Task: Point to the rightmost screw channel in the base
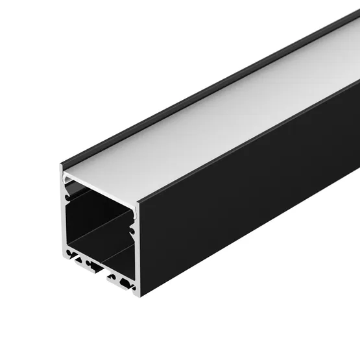pos(128,283)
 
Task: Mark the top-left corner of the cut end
pos(60,165)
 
